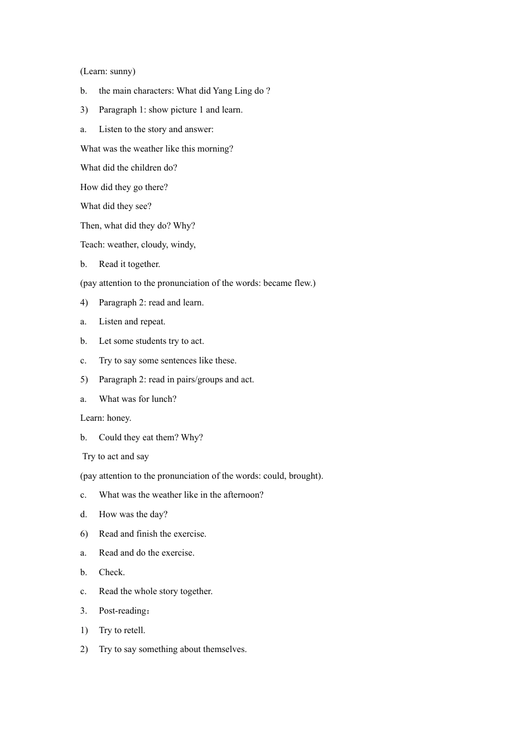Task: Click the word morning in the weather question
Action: pos(215,149)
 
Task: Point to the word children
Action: pos(146,168)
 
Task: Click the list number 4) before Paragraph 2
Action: pos(84,303)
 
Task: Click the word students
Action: pos(151,341)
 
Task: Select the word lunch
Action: pos(163,399)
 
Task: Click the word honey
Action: pos(118,418)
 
